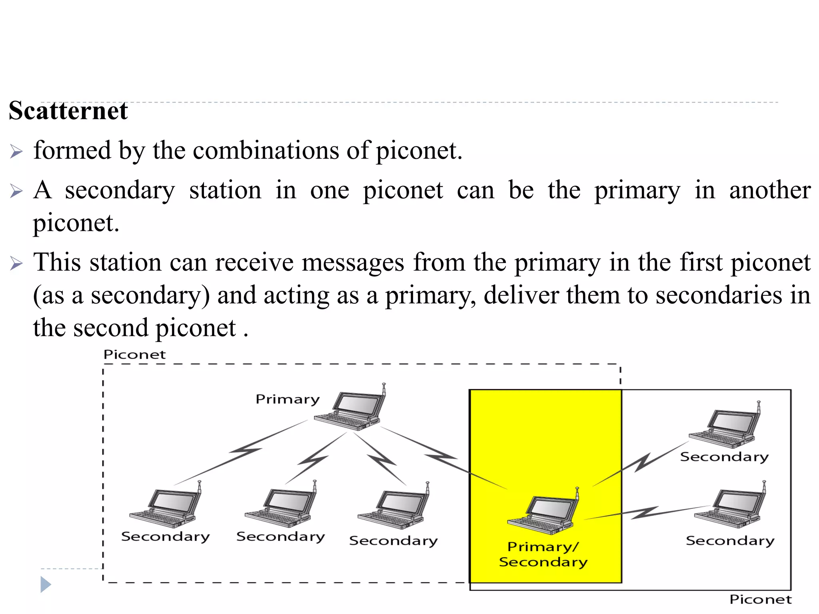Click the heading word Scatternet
[x=68, y=111]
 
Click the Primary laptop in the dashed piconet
[x=350, y=410]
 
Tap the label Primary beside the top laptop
[x=288, y=399]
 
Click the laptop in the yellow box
[x=542, y=514]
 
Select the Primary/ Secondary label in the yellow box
[x=543, y=554]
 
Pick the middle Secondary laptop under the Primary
[x=280, y=506]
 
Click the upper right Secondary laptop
[x=724, y=428]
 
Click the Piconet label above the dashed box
[x=134, y=355]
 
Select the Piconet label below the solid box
[x=760, y=599]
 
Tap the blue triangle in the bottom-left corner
[x=46, y=584]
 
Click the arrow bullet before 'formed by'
[x=16, y=152]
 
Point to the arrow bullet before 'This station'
[x=16, y=263]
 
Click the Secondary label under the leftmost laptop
[x=165, y=536]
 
